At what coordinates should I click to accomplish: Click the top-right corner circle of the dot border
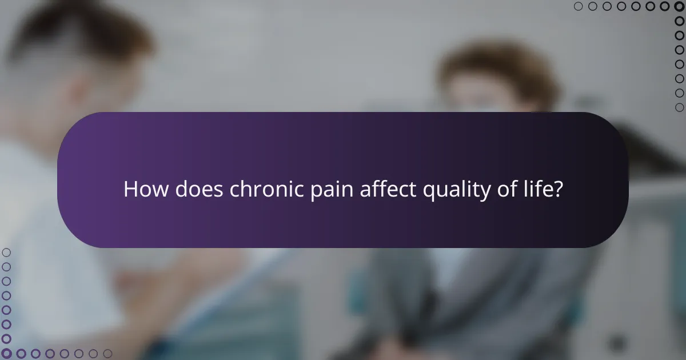pos(679,7)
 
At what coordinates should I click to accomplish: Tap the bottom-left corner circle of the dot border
pos(7,354)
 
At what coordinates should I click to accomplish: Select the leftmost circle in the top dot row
pos(579,7)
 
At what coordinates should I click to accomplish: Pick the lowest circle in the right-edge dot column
pos(679,107)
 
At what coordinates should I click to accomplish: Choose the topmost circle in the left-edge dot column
pos(7,253)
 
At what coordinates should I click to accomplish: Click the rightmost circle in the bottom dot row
pos(107,354)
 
